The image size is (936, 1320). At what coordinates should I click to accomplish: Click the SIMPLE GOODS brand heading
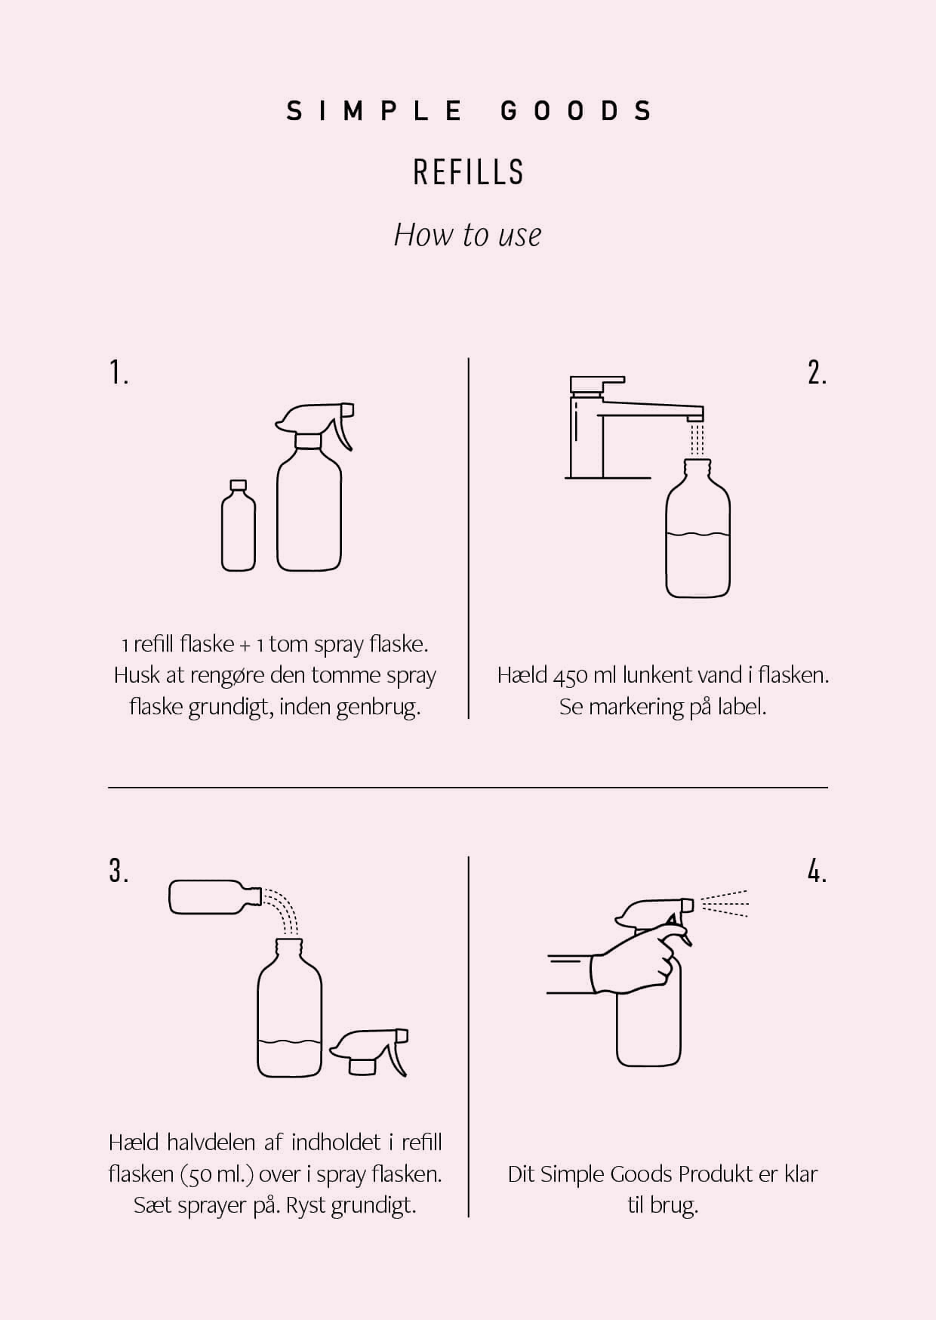[469, 112]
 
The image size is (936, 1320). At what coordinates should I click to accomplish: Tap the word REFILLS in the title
[468, 173]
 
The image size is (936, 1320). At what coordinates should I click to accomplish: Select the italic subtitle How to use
[468, 235]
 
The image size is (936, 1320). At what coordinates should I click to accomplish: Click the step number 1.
[119, 373]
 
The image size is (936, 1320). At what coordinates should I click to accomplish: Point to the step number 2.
[817, 373]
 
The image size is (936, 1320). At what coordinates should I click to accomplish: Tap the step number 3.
[119, 871]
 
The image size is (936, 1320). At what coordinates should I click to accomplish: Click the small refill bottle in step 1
[238, 529]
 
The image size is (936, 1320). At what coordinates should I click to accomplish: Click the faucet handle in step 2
[587, 384]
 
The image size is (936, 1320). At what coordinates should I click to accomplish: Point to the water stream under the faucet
[698, 438]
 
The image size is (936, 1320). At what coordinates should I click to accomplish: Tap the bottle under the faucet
[698, 536]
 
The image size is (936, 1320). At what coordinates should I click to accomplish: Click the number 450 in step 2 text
[571, 675]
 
